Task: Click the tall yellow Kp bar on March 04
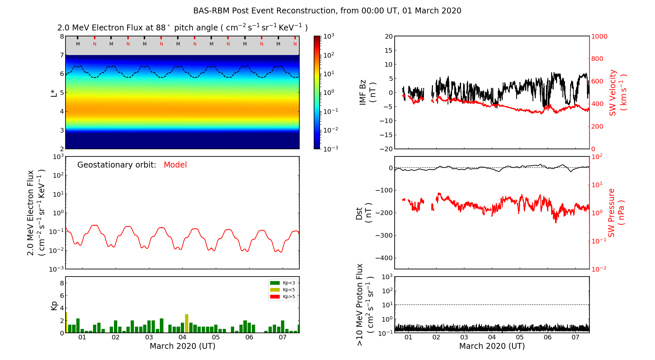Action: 187,323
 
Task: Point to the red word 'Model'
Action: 175,165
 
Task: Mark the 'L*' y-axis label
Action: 54,93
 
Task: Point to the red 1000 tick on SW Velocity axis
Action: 599,37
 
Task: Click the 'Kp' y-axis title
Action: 54,305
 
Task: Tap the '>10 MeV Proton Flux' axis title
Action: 365,305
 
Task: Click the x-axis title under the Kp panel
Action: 182,346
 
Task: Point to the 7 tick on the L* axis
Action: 62,55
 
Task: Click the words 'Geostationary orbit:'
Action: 117,165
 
